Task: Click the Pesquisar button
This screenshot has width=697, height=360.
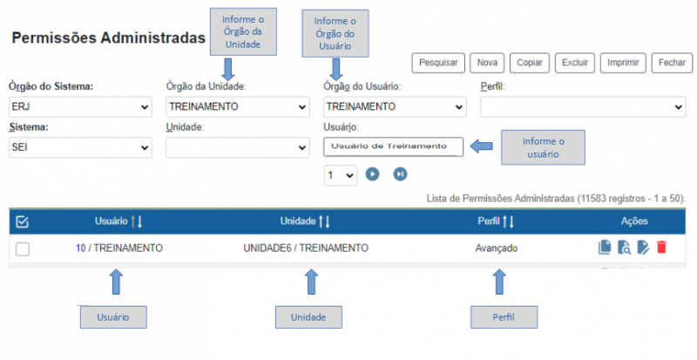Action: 438,63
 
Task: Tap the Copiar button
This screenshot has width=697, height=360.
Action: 530,63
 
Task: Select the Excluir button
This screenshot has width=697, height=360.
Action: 575,63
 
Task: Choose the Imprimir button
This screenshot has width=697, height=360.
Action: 623,63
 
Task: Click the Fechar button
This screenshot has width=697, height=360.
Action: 672,63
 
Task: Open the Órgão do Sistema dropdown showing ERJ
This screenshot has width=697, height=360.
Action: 80,107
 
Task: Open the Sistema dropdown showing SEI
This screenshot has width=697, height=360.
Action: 80,147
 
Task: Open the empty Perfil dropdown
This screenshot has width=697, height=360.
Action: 583,107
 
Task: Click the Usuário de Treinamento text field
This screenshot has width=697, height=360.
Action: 393,146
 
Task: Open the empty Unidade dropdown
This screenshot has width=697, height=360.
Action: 238,147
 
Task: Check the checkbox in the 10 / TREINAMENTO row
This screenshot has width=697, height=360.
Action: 23,248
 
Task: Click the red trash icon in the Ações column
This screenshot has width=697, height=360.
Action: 661,247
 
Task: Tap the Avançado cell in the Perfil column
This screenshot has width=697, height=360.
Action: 496,248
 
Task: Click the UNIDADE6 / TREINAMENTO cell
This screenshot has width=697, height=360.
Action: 306,248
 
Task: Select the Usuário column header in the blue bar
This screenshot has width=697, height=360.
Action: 112,221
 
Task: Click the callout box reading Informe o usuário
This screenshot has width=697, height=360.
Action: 543,147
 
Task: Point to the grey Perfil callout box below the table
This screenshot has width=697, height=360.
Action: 504,317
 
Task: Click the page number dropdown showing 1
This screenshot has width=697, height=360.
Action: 341,175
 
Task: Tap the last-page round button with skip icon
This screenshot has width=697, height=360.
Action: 400,174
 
